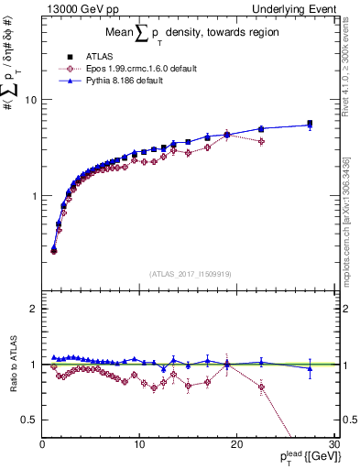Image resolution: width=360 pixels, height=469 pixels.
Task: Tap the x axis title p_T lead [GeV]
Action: pyautogui.click(x=305, y=458)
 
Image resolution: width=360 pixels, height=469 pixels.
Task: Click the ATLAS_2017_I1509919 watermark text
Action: pyautogui.click(x=191, y=273)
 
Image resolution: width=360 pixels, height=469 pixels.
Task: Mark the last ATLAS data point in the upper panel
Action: pyautogui.click(x=310, y=124)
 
